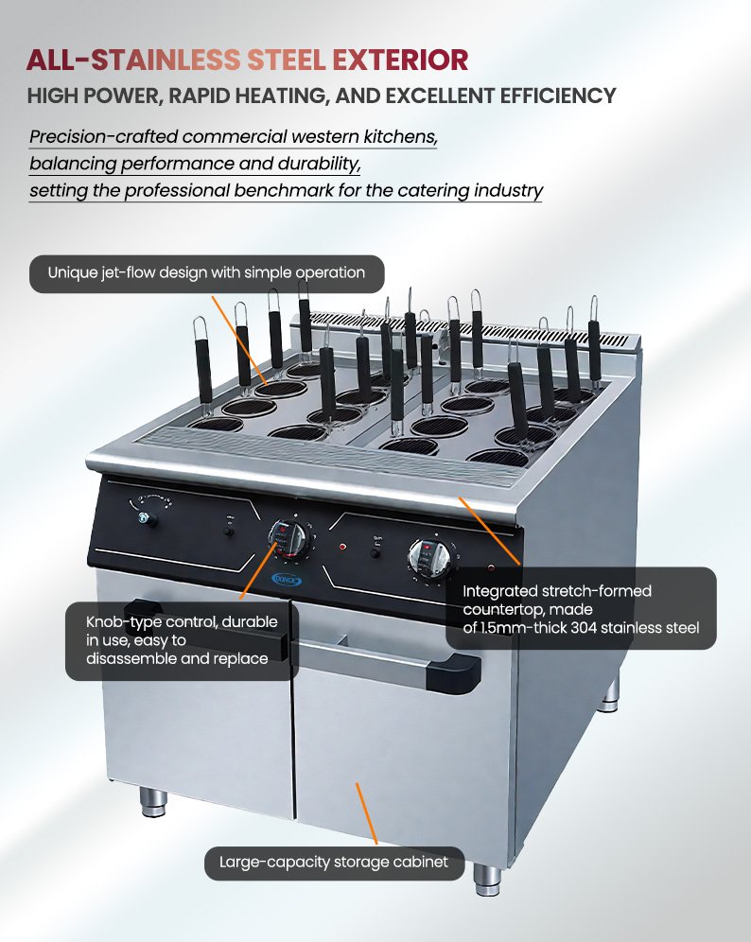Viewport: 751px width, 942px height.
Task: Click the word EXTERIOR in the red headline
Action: [400, 61]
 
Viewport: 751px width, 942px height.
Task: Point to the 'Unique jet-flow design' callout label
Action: [207, 273]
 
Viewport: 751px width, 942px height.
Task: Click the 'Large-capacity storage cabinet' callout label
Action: [334, 863]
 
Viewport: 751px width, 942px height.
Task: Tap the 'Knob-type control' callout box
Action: [182, 640]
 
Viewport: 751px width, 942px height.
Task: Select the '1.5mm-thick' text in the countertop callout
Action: [523, 628]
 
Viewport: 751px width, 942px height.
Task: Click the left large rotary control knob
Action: [289, 537]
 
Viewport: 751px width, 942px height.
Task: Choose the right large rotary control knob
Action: [429, 557]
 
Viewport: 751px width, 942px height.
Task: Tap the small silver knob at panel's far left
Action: [145, 519]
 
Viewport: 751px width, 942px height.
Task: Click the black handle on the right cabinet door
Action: [453, 673]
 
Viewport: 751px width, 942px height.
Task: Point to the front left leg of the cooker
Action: [153, 801]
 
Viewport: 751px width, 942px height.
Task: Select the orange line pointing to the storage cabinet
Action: [366, 814]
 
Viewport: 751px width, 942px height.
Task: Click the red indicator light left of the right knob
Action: [342, 548]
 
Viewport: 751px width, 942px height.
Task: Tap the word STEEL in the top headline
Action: [287, 61]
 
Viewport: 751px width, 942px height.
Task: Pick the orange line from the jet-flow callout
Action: [239, 340]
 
